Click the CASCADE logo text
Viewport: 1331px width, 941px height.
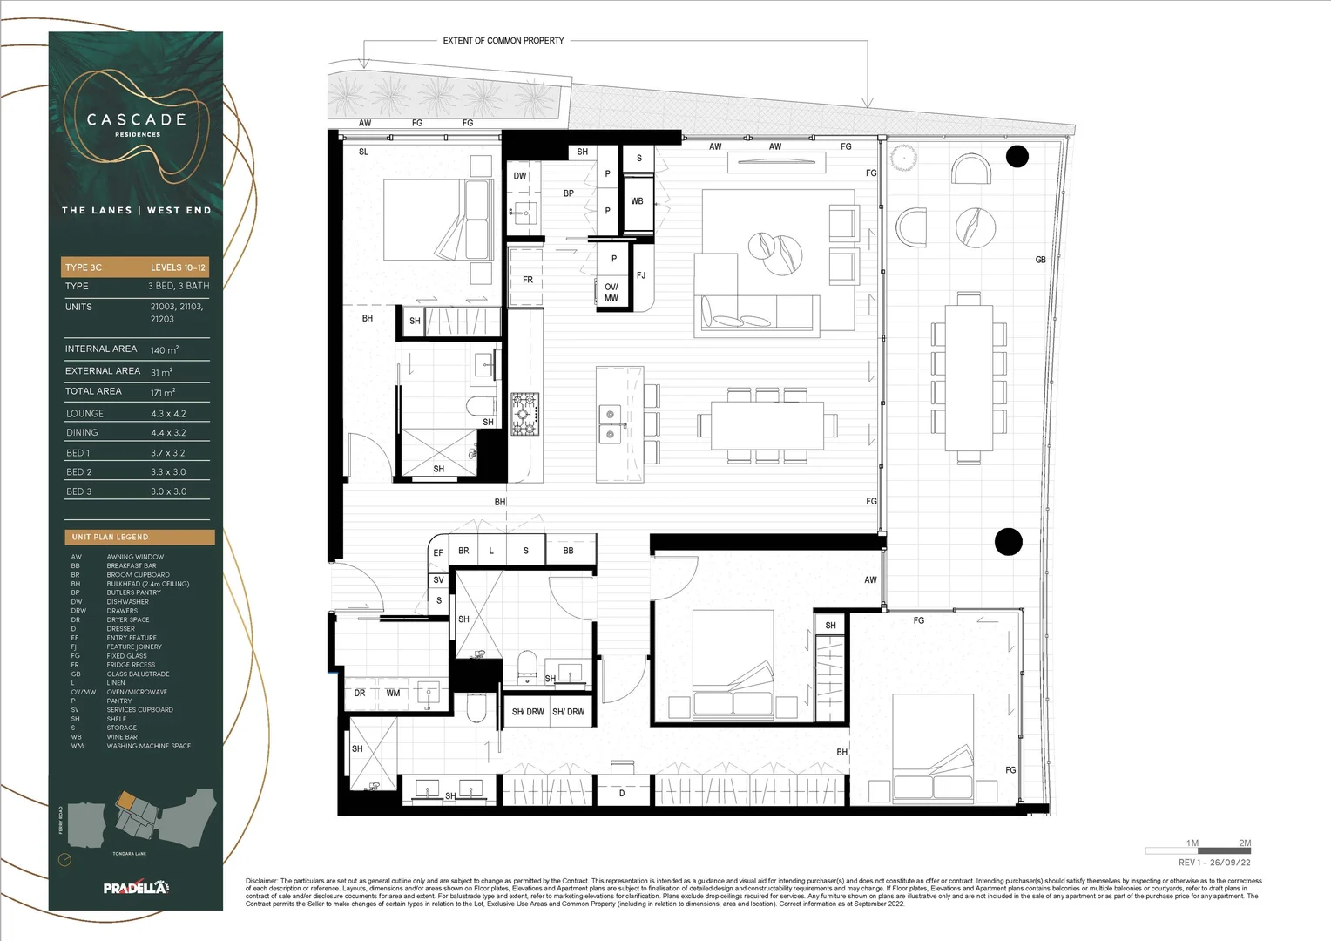[x=137, y=119]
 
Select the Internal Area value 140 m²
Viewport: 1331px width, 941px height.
[x=164, y=350]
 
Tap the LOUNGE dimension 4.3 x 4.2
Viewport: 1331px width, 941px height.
[x=168, y=414]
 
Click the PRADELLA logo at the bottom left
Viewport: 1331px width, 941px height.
[x=136, y=888]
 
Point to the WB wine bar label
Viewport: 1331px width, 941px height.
[x=637, y=201]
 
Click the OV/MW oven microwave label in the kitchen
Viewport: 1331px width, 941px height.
[x=611, y=292]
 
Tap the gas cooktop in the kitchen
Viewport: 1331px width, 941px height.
[x=524, y=407]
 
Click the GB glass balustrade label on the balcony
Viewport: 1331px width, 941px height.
[x=1040, y=260]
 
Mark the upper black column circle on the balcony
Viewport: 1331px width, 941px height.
[x=1017, y=157]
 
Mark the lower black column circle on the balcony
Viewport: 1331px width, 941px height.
[x=1007, y=541]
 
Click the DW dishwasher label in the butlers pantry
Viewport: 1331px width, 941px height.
[x=519, y=176]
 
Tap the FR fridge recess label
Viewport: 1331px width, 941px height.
[x=527, y=280]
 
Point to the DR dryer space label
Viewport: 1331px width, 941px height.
[x=359, y=694]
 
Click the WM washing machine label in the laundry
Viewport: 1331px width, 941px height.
[x=393, y=694]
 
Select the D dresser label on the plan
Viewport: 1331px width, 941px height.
[x=621, y=794]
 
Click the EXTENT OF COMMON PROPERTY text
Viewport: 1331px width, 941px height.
[x=503, y=41]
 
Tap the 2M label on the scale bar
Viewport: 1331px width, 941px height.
[x=1245, y=843]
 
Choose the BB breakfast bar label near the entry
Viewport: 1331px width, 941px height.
[x=568, y=551]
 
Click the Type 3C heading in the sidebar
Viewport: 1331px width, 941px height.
[x=84, y=267]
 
